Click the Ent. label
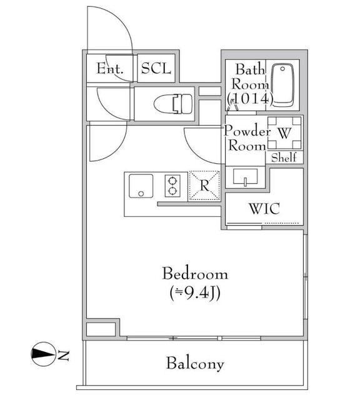coord(109,68)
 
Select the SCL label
coord(156,68)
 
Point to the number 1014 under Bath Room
coord(251,99)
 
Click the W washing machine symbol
coord(284,132)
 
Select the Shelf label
coord(285,157)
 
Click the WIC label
coord(264,208)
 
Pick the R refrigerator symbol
coord(205,185)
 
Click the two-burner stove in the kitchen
coord(172,186)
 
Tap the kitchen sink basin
coord(141,186)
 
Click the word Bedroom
coord(194,274)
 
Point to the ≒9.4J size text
coord(194,293)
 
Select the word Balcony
coord(195,364)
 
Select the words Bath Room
coord(251,76)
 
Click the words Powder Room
coord(247,138)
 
